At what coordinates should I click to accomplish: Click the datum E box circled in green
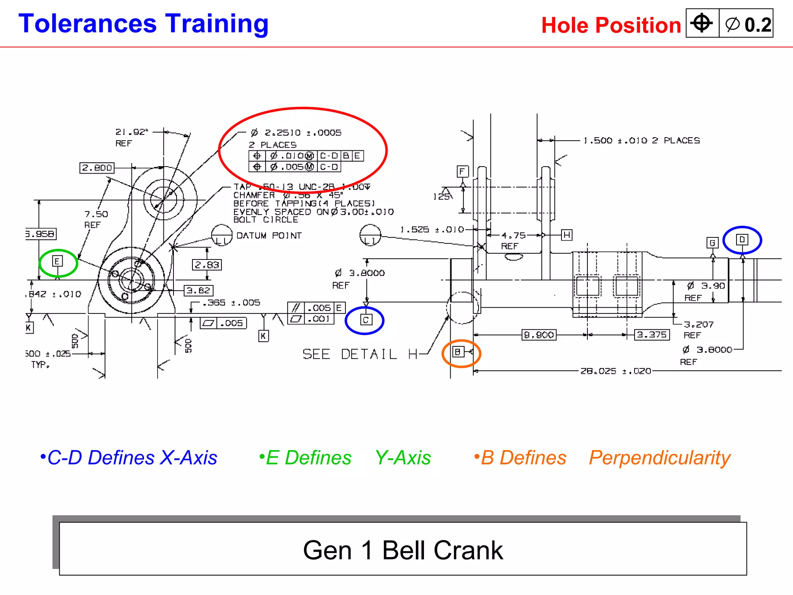57,261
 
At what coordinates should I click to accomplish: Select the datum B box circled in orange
458,352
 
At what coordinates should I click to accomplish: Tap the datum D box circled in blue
742,239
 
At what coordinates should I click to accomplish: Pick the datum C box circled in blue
366,320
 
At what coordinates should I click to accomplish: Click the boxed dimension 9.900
539,335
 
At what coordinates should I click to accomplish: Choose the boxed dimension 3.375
652,335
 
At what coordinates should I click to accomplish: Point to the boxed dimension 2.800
97,168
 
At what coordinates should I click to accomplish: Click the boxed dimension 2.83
207,265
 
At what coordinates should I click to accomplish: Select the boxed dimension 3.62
198,291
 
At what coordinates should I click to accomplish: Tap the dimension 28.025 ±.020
615,371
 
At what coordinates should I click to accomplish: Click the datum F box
462,171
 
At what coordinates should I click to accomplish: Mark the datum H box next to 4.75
566,235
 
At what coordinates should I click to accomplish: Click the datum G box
712,243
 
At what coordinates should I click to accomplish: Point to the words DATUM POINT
269,236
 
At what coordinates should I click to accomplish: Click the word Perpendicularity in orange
659,458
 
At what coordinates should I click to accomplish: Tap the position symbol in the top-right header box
702,23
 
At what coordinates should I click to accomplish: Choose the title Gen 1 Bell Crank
403,550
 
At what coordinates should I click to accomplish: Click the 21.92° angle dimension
132,132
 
